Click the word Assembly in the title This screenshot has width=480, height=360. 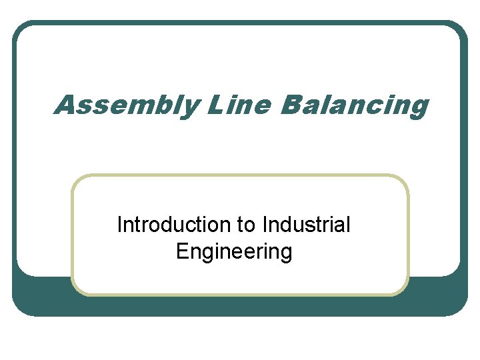(x=125, y=105)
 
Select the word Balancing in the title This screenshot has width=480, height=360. (x=354, y=105)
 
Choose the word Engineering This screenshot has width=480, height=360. (x=234, y=253)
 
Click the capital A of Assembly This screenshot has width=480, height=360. (x=66, y=105)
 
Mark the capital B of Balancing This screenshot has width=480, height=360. (x=292, y=105)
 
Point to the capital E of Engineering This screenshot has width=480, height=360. (x=182, y=251)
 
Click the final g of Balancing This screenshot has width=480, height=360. (x=418, y=108)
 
